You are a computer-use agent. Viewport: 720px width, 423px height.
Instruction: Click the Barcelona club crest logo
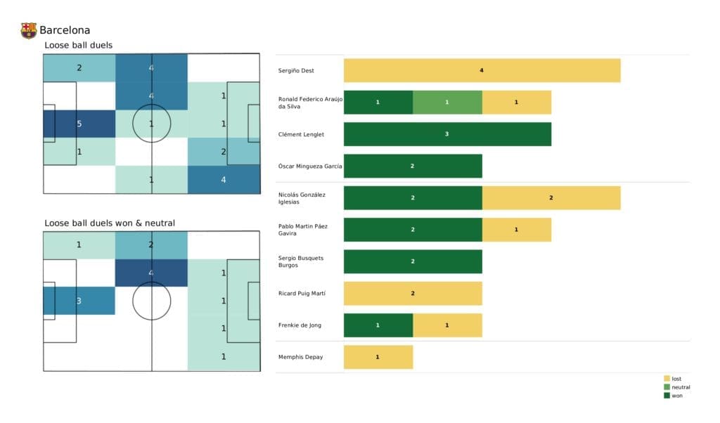pyautogui.click(x=29, y=30)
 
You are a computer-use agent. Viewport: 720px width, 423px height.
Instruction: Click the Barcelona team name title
pyautogui.click(x=65, y=30)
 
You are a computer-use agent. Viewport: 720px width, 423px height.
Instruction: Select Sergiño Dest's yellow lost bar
pyautogui.click(x=482, y=70)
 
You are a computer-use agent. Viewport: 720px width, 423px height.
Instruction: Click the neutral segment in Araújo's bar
pyautogui.click(x=447, y=102)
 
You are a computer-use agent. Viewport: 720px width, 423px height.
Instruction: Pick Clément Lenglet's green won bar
pyautogui.click(x=447, y=134)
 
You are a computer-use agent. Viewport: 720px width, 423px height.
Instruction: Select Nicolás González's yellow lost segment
pyautogui.click(x=551, y=197)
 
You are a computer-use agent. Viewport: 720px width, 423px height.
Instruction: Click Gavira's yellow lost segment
pyautogui.click(x=516, y=229)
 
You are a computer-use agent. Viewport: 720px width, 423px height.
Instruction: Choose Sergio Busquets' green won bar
pyautogui.click(x=413, y=261)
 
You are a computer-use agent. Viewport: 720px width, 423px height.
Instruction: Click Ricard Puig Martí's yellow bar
pyautogui.click(x=413, y=293)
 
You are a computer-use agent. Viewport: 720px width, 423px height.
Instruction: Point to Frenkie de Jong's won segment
pyautogui.click(x=378, y=325)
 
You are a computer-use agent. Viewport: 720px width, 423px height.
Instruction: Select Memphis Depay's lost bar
pyautogui.click(x=378, y=357)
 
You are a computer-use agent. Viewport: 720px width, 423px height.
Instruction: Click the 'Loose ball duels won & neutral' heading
pyautogui.click(x=110, y=223)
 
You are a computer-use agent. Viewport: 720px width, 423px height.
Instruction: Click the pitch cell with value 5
pyautogui.click(x=79, y=124)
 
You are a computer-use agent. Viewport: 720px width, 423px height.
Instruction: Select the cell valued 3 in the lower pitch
pyautogui.click(x=79, y=301)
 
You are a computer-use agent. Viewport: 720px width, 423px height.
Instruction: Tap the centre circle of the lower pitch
pyautogui.click(x=152, y=301)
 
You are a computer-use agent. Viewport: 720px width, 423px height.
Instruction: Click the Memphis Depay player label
pyautogui.click(x=301, y=357)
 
